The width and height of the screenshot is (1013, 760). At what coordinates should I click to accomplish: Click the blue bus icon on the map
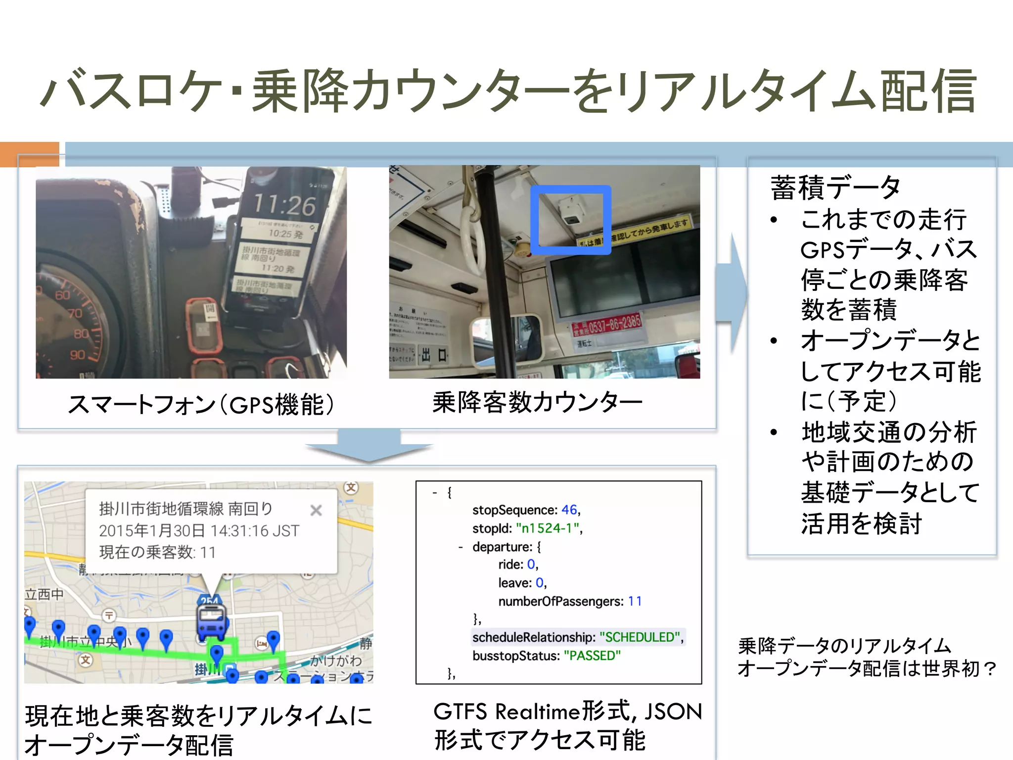click(212, 622)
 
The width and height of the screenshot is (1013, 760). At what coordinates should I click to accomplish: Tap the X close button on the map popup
click(316, 510)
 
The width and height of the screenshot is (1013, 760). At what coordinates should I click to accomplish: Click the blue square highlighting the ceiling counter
click(571, 220)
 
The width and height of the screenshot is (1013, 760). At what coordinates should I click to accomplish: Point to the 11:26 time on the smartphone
click(284, 205)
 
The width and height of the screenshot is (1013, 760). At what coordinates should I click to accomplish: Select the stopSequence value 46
click(569, 510)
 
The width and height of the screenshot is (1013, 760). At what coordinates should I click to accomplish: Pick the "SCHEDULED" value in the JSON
click(641, 637)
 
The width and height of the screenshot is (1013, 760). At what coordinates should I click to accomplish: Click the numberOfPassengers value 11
click(635, 601)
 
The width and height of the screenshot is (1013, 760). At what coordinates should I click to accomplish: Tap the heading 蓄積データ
click(835, 188)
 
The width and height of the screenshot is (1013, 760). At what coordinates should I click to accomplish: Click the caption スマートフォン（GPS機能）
click(200, 405)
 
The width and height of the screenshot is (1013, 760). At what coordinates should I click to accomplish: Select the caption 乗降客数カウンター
click(537, 402)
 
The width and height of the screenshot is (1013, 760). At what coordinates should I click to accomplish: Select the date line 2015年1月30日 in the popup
click(199, 531)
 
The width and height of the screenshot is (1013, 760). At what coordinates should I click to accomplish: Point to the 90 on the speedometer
click(77, 355)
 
